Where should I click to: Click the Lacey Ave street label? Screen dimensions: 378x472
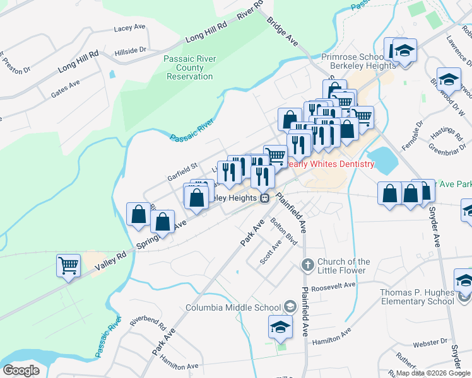pos(130,29)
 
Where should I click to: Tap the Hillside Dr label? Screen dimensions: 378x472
pos(131,50)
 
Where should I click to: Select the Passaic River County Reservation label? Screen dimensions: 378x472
pos(190,68)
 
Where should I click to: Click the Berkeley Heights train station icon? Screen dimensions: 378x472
pos(265,198)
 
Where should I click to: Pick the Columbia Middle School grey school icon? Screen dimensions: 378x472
pos(290,307)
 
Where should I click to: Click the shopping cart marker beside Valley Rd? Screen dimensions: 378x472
pos(68,265)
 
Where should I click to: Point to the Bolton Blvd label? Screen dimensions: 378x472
pos(283,231)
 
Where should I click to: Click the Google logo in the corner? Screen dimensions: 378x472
pos(21,370)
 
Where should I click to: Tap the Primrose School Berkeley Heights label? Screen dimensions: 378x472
pos(352,62)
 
